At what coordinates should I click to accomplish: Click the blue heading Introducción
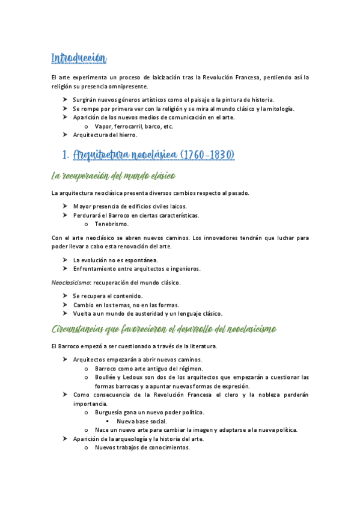79,58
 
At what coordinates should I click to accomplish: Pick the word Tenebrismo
111,224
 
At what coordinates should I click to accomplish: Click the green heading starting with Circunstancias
164,329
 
